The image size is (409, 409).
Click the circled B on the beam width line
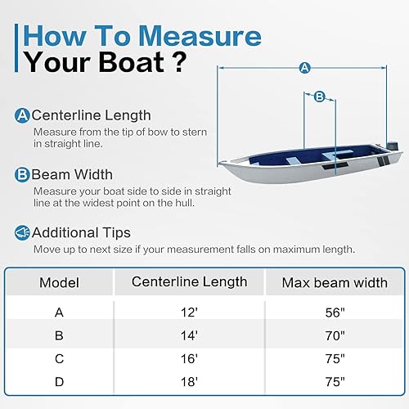pyautogui.click(x=320, y=97)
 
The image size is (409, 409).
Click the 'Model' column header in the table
pyautogui.click(x=60, y=283)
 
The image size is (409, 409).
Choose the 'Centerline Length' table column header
pyautogui.click(x=190, y=282)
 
